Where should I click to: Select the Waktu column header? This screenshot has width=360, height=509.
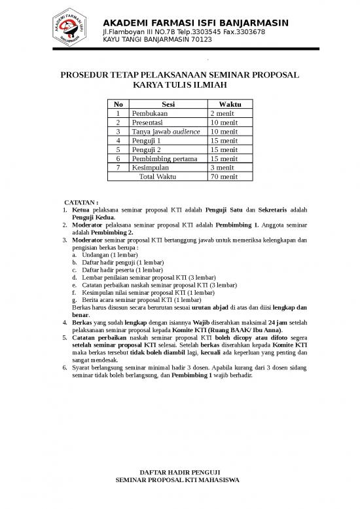click(230, 104)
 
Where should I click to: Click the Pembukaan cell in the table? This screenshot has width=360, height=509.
click(150, 113)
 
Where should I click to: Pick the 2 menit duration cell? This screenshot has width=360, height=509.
click(223, 113)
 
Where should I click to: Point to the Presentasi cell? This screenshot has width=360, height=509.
click(150, 123)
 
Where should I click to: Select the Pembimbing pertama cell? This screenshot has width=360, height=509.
click(164, 159)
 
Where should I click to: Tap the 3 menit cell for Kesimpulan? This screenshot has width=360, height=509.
click(223, 168)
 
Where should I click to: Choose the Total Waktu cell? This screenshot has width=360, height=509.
click(162, 177)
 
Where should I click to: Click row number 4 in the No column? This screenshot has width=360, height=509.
click(118, 141)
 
